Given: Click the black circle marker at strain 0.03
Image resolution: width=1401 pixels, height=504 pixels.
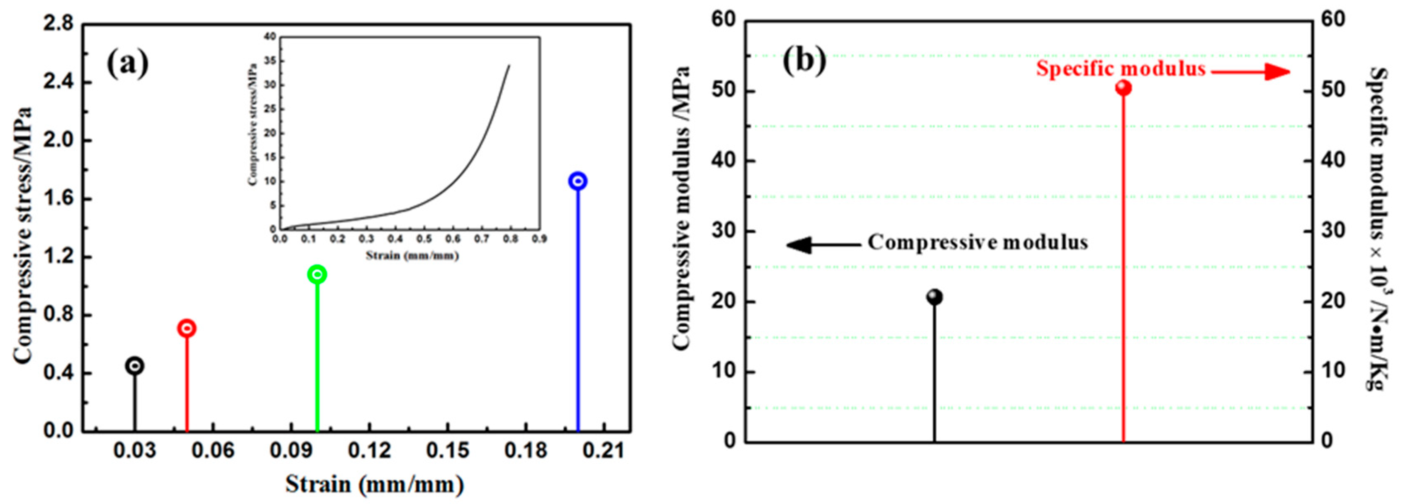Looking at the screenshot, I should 135,366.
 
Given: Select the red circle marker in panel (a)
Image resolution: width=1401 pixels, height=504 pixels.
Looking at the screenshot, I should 187,328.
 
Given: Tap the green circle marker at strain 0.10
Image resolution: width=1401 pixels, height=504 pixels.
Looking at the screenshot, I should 317,274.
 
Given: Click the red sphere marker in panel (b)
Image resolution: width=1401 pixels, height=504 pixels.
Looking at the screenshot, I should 1123,88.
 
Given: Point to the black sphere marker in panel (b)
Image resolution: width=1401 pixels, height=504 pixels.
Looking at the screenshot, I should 934,297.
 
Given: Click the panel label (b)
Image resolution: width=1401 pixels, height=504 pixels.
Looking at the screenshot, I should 804,60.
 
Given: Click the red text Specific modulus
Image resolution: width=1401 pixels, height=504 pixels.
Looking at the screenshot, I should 1121,69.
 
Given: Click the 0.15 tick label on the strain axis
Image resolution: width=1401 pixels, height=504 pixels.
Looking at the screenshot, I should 448,451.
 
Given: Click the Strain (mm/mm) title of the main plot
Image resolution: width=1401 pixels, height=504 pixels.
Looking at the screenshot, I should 374,484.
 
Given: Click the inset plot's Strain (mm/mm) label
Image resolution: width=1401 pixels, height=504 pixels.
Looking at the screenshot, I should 412,255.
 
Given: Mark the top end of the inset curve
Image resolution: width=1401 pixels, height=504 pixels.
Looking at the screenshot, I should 509,65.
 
